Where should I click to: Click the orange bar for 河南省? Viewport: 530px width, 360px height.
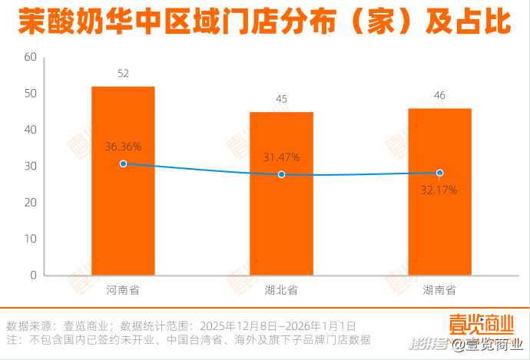(123, 223)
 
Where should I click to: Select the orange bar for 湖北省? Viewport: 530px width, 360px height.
(281, 230)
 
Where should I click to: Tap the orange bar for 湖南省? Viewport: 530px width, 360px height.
(439, 230)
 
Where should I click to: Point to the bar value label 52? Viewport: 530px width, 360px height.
(123, 74)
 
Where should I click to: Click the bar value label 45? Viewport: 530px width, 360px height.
(281, 99)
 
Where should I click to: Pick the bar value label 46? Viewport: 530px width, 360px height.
(439, 95)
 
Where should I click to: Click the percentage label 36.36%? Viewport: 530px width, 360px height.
(123, 145)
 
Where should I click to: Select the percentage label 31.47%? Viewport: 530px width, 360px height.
(281, 157)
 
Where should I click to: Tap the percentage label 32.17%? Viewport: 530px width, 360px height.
(439, 190)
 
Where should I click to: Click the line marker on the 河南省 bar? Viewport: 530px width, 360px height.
(123, 163)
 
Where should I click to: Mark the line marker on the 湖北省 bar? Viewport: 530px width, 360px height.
(281, 174)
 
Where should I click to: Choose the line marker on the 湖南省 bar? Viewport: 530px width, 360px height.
(439, 173)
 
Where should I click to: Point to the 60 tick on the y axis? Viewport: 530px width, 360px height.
(31, 58)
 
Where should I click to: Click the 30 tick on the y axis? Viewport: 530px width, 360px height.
(31, 167)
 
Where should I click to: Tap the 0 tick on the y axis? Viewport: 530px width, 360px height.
(34, 275)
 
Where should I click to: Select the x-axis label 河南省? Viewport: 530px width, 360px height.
(123, 291)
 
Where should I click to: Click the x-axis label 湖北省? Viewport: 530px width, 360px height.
(281, 291)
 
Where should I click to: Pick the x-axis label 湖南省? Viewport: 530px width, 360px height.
(439, 291)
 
